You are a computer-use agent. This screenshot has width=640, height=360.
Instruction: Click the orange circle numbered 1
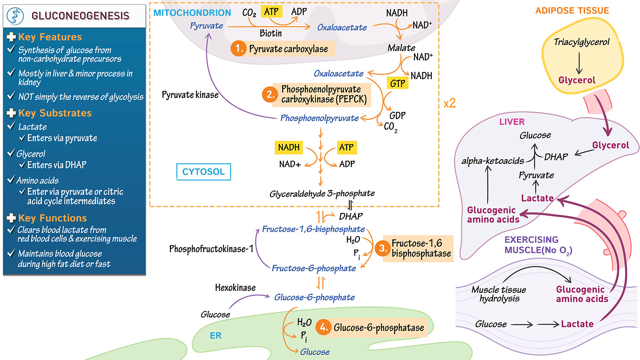(x=238, y=48)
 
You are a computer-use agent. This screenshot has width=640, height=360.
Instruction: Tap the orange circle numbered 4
(x=323, y=327)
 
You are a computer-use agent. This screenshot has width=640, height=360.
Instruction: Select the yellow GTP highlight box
(x=398, y=83)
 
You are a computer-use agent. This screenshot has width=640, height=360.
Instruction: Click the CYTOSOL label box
(x=204, y=172)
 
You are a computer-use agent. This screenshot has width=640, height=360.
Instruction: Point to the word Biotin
(x=271, y=33)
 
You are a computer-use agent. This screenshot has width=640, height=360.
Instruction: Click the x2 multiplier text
(x=450, y=103)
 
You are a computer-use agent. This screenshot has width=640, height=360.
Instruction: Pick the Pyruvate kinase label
(x=190, y=95)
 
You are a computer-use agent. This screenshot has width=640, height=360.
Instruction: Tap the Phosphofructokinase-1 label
(x=211, y=249)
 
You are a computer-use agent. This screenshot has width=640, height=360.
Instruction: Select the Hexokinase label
(x=235, y=288)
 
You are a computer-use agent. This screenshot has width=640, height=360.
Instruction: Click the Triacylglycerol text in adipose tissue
(x=582, y=42)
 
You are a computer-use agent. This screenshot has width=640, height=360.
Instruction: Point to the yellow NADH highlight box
(x=289, y=147)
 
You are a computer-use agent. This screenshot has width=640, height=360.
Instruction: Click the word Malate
(x=401, y=48)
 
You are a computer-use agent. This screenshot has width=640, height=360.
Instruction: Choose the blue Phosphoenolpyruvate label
(x=319, y=118)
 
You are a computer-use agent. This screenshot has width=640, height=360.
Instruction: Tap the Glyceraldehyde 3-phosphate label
(x=322, y=194)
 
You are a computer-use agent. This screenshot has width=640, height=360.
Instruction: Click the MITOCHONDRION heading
(x=192, y=13)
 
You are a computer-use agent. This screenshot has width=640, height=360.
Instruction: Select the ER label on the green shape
(x=216, y=336)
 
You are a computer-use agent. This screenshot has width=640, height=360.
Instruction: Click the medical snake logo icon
(x=16, y=16)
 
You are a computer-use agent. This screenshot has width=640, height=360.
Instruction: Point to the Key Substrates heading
(x=55, y=113)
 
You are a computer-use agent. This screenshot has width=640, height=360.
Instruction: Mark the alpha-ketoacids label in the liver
(x=492, y=161)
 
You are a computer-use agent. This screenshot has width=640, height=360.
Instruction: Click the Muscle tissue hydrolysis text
(x=499, y=294)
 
